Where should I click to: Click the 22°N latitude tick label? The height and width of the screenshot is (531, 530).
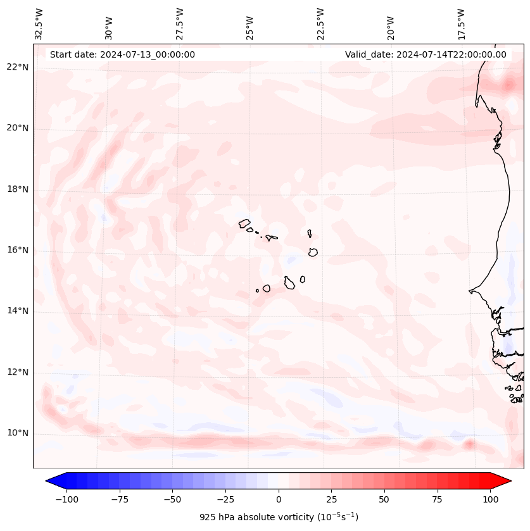pyautogui.click(x=18, y=68)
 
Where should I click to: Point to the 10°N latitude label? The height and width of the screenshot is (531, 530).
pyautogui.click(x=18, y=433)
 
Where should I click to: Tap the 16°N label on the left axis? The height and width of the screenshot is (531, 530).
pyautogui.click(x=18, y=250)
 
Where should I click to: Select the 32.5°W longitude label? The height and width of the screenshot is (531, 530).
pyautogui.click(x=39, y=24)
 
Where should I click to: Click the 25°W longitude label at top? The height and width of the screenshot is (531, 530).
pyautogui.click(x=250, y=24)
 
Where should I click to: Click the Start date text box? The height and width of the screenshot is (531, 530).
pyautogui.click(x=122, y=54)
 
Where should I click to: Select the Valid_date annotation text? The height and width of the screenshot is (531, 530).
pyautogui.click(x=426, y=54)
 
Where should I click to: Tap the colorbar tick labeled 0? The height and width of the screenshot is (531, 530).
pyautogui.click(x=279, y=499)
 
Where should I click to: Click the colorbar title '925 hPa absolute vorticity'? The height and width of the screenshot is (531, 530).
pyautogui.click(x=279, y=517)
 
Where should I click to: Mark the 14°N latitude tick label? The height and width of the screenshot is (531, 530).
pyautogui.click(x=18, y=311)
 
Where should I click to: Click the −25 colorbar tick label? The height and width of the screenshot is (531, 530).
pyautogui.click(x=224, y=499)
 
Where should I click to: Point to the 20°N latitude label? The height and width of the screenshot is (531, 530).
pyautogui.click(x=18, y=128)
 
